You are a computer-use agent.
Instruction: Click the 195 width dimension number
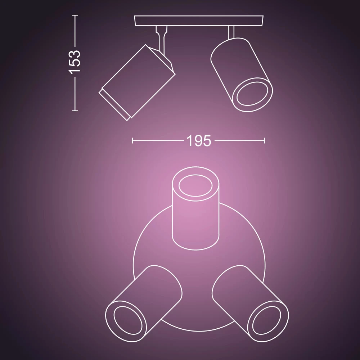(199, 141)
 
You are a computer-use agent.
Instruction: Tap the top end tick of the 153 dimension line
(75, 15)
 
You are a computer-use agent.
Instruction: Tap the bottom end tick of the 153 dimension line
(75, 111)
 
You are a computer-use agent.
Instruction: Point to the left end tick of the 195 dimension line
(132, 140)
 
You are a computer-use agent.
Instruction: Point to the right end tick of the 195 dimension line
(265, 140)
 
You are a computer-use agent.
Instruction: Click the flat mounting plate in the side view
(199, 21)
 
